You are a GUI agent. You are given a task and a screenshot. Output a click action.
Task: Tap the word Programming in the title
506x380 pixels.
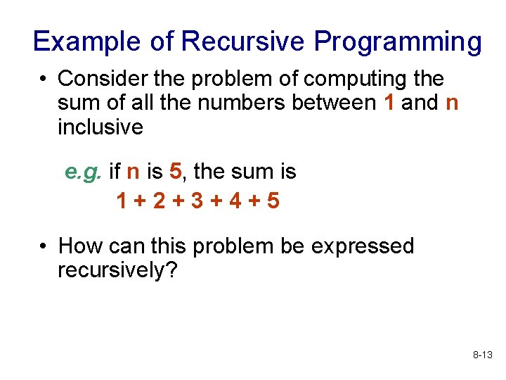point(398,42)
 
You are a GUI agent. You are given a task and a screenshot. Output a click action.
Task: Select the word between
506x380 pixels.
point(335,103)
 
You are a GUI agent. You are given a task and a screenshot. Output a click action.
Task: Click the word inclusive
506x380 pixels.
point(100,127)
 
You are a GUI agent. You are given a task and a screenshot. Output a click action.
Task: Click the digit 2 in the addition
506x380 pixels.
point(159,201)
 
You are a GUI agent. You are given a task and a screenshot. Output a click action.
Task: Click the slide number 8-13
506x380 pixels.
point(482,356)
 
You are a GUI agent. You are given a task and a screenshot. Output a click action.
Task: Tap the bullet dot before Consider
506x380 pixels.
point(44,79)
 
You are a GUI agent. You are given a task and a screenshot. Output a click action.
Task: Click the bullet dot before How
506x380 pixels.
point(44,247)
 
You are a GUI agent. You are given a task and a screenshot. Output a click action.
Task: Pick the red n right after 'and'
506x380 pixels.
point(452,103)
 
